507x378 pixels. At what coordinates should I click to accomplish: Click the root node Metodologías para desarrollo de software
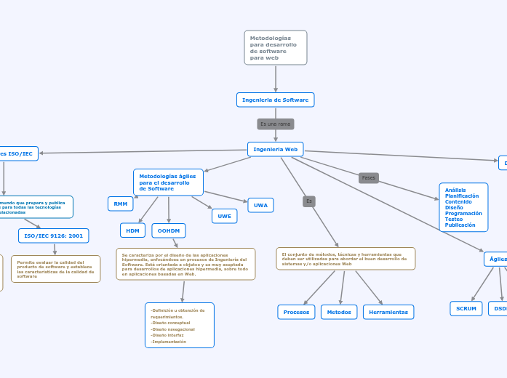(276, 48)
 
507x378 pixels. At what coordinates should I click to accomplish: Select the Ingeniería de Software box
(275, 100)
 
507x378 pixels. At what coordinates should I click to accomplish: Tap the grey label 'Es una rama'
(275, 124)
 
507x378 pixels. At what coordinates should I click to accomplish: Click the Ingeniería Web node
(275, 149)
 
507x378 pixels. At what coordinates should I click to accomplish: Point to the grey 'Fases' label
(369, 178)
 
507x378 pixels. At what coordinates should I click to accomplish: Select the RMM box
(120, 204)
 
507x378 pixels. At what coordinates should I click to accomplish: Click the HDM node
(132, 230)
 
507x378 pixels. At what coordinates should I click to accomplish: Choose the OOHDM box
(169, 230)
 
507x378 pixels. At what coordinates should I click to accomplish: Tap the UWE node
(224, 216)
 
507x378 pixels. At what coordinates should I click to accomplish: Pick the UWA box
(260, 205)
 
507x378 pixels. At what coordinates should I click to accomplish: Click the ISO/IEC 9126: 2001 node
(54, 236)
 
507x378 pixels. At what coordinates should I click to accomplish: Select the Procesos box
(296, 312)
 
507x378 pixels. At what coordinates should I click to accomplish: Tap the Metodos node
(339, 312)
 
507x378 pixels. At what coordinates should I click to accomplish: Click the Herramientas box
(388, 312)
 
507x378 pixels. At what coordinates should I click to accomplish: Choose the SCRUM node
(466, 308)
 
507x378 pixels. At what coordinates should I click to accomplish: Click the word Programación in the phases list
(463, 213)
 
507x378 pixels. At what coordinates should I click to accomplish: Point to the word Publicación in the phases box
(460, 225)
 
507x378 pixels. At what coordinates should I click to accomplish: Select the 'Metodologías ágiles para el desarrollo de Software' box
(168, 182)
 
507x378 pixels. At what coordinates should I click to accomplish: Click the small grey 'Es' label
(309, 201)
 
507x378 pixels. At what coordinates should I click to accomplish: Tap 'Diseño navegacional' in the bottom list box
(172, 329)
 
